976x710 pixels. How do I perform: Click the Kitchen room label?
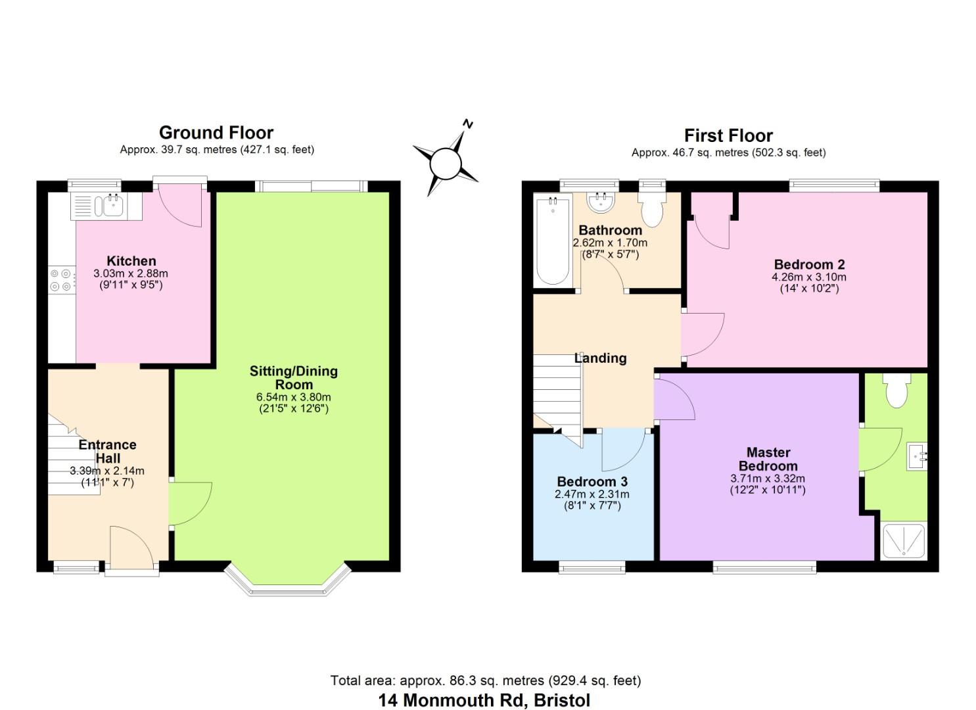pos(131,261)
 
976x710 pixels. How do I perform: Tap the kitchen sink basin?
pos(114,206)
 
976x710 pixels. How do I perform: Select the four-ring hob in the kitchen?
pos(60,280)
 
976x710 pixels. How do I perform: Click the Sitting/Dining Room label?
pos(294,377)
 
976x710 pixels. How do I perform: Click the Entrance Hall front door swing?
pos(131,548)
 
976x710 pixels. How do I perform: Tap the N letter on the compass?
pos(468,124)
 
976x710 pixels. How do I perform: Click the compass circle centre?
pos(446,164)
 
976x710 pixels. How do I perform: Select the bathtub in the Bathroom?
pos(553,241)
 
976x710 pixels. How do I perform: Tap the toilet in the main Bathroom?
pos(652,210)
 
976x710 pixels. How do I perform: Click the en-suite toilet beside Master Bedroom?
pos(896,390)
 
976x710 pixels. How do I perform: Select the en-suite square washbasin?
pos(917,456)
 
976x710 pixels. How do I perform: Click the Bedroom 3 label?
pos(592,482)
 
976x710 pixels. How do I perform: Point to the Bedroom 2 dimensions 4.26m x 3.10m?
pos(809,277)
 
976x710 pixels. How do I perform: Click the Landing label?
pos(601,358)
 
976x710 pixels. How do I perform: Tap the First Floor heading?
pos(728,135)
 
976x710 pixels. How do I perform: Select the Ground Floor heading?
pos(216,133)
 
